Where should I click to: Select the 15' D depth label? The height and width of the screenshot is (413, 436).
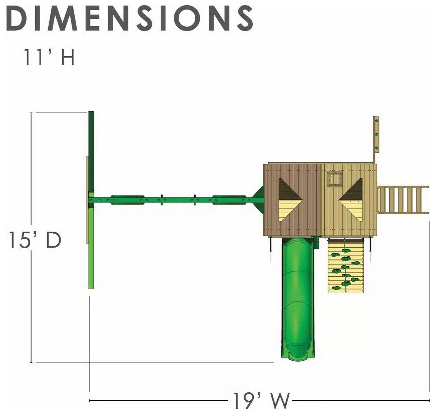click(35, 240)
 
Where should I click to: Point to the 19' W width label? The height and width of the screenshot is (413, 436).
click(261, 400)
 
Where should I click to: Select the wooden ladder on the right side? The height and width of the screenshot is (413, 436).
click(403, 200)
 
